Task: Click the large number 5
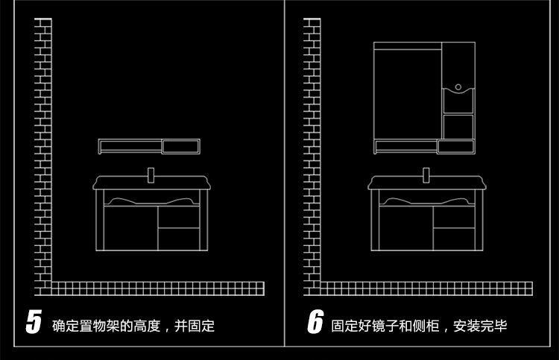coord(33,322)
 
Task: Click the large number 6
coord(315,322)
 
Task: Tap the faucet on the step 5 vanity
coord(150,176)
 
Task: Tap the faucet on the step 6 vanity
coord(426,176)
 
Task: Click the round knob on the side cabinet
coord(458,87)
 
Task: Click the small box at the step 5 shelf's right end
coord(180,145)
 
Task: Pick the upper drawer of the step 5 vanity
coord(179,217)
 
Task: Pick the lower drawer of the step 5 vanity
coord(179,239)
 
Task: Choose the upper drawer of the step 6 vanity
coord(454,217)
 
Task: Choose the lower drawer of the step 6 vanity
coord(454,239)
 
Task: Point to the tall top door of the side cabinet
coord(458,63)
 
